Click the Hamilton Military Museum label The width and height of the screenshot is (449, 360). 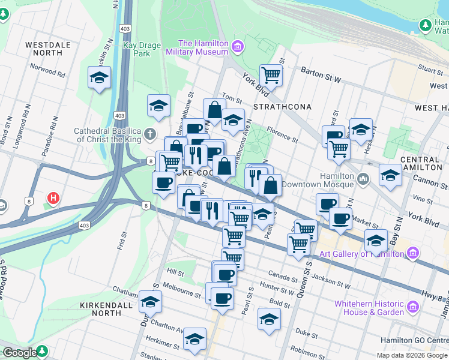coord(203,47)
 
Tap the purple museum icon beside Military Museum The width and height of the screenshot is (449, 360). coord(238,46)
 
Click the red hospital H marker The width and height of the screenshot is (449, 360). coord(53,197)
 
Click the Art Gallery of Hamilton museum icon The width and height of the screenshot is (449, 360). coord(412,254)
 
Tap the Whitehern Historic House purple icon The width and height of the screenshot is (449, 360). coord(412,308)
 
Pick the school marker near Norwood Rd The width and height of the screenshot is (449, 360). coord(99,78)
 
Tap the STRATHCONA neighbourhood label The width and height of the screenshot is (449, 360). coord(282,107)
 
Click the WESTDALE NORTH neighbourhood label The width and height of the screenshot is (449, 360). coord(48,49)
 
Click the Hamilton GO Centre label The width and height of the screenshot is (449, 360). coord(414,341)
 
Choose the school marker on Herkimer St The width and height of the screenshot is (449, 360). coord(194,339)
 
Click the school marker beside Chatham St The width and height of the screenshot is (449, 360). coord(150,302)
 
